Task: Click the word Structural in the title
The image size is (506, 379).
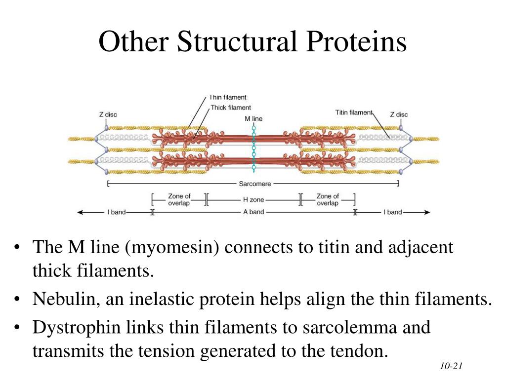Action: click(x=237, y=41)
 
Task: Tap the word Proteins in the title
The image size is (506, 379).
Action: click(x=356, y=41)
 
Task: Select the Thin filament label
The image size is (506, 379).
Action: click(x=227, y=97)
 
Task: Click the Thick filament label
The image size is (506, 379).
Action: click(x=230, y=107)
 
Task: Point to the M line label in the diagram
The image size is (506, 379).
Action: click(x=253, y=118)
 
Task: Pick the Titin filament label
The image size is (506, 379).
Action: click(x=354, y=113)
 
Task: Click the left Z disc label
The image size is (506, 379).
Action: click(x=108, y=114)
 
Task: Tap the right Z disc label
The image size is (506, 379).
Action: click(x=399, y=114)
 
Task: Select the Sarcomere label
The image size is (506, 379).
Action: click(x=254, y=184)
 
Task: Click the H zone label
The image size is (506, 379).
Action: click(x=253, y=200)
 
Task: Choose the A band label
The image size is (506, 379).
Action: click(x=253, y=212)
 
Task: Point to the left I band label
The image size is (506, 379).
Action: click(x=116, y=212)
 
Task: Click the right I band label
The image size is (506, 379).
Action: click(x=393, y=212)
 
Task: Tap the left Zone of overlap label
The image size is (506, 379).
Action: click(x=179, y=199)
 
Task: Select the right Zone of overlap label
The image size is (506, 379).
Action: click(x=328, y=199)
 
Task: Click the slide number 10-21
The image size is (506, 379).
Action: click(x=451, y=366)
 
